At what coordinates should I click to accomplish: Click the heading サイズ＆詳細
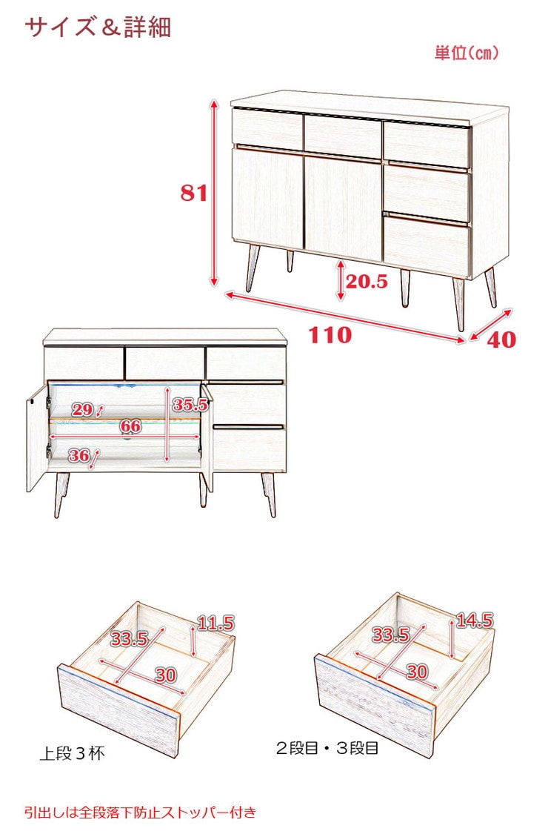tap(98, 27)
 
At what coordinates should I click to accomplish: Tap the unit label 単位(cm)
tap(467, 53)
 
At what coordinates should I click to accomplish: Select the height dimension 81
tap(193, 193)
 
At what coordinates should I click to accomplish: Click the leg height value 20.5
tap(367, 281)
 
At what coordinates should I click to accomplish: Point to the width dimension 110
tap(330, 335)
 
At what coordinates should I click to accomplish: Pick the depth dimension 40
tap(501, 340)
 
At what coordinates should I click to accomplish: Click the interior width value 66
tap(130, 426)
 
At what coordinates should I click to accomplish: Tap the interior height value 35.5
tap(190, 405)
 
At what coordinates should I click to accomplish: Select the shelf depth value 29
tap(83, 409)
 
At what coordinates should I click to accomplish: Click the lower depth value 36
tap(79, 455)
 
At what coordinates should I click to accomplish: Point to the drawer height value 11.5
tap(216, 623)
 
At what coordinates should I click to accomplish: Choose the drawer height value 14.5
tap(475, 621)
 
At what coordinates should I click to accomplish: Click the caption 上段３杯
tap(73, 753)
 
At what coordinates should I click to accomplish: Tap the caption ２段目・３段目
tap(327, 748)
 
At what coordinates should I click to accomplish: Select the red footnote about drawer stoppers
tap(141, 813)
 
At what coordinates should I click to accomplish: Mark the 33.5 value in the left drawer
tap(129, 638)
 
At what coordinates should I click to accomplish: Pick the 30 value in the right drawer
tap(417, 672)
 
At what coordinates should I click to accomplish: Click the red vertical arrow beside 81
tap(214, 193)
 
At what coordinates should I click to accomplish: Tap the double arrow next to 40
tap(491, 325)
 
